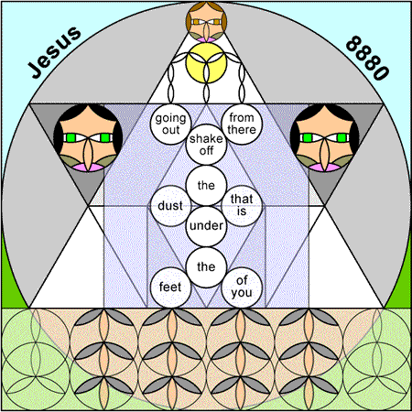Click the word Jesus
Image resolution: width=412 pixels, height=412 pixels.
[55, 52]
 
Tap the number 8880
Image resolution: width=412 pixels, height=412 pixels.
[367, 58]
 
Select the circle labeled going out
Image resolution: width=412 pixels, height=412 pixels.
[170, 124]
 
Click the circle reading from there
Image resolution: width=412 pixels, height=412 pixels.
[242, 124]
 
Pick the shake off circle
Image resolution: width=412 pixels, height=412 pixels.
[206, 145]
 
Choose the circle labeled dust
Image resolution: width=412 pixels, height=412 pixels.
[170, 206]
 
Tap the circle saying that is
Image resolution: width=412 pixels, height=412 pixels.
[242, 206]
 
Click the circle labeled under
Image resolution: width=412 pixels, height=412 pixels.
[206, 226]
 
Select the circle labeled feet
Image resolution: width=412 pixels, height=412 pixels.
[170, 287]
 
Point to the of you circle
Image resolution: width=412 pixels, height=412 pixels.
[242, 287]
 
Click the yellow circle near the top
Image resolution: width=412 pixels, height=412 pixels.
[206, 62]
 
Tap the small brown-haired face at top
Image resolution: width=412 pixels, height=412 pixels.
[206, 22]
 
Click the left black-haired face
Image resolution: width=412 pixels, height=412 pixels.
[88, 137]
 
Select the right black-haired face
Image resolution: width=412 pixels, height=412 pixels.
[324, 137]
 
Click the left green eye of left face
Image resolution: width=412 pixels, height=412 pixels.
[70, 138]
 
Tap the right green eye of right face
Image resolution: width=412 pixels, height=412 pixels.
[342, 138]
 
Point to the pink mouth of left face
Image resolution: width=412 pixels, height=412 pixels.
[88, 168]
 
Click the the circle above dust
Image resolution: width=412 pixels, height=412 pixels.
[206, 185]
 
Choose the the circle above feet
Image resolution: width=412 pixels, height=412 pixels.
[206, 267]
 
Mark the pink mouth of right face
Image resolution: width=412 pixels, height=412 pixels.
[324, 168]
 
